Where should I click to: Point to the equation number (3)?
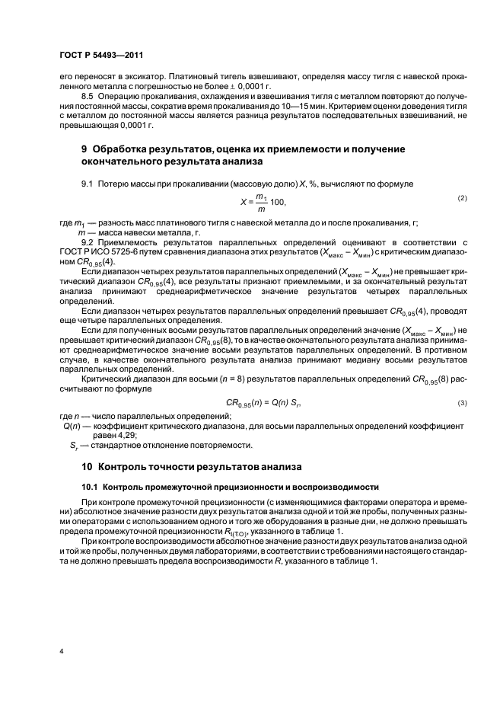pos(461,401)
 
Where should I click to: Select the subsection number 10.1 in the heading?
pos(90,486)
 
